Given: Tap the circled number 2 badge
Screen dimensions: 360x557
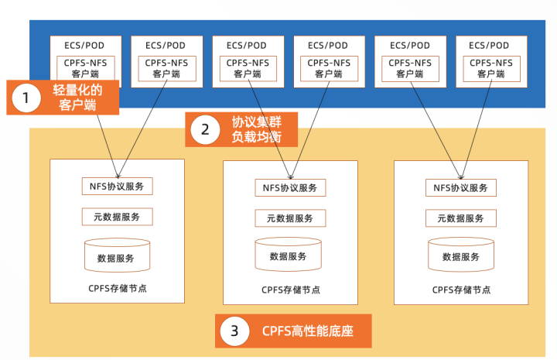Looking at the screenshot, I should click(205, 129).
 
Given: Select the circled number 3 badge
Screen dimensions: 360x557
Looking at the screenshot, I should click(234, 332).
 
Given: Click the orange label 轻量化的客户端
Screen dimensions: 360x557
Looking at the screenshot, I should click(77, 98).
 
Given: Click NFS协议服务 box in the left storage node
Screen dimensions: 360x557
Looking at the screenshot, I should click(117, 187).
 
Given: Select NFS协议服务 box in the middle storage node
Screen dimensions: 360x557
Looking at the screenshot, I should click(289, 188).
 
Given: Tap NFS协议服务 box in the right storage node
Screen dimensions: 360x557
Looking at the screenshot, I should click(461, 187).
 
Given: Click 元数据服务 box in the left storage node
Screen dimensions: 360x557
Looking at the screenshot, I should click(117, 217).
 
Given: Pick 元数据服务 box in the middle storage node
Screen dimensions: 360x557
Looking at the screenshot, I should click(289, 218).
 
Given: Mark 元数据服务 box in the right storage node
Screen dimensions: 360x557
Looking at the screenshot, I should click(461, 218).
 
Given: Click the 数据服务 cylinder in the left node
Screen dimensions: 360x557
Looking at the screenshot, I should click(117, 256).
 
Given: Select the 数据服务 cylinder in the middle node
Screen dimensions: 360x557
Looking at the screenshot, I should click(289, 255).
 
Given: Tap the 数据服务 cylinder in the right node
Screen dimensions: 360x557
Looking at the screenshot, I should click(461, 255).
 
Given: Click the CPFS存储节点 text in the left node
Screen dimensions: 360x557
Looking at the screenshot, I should click(117, 289).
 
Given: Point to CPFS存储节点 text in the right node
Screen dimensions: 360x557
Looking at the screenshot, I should click(461, 290).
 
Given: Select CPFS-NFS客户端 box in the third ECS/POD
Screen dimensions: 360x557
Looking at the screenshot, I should click(247, 68).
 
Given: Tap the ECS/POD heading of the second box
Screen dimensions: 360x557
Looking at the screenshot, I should click(166, 45).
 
